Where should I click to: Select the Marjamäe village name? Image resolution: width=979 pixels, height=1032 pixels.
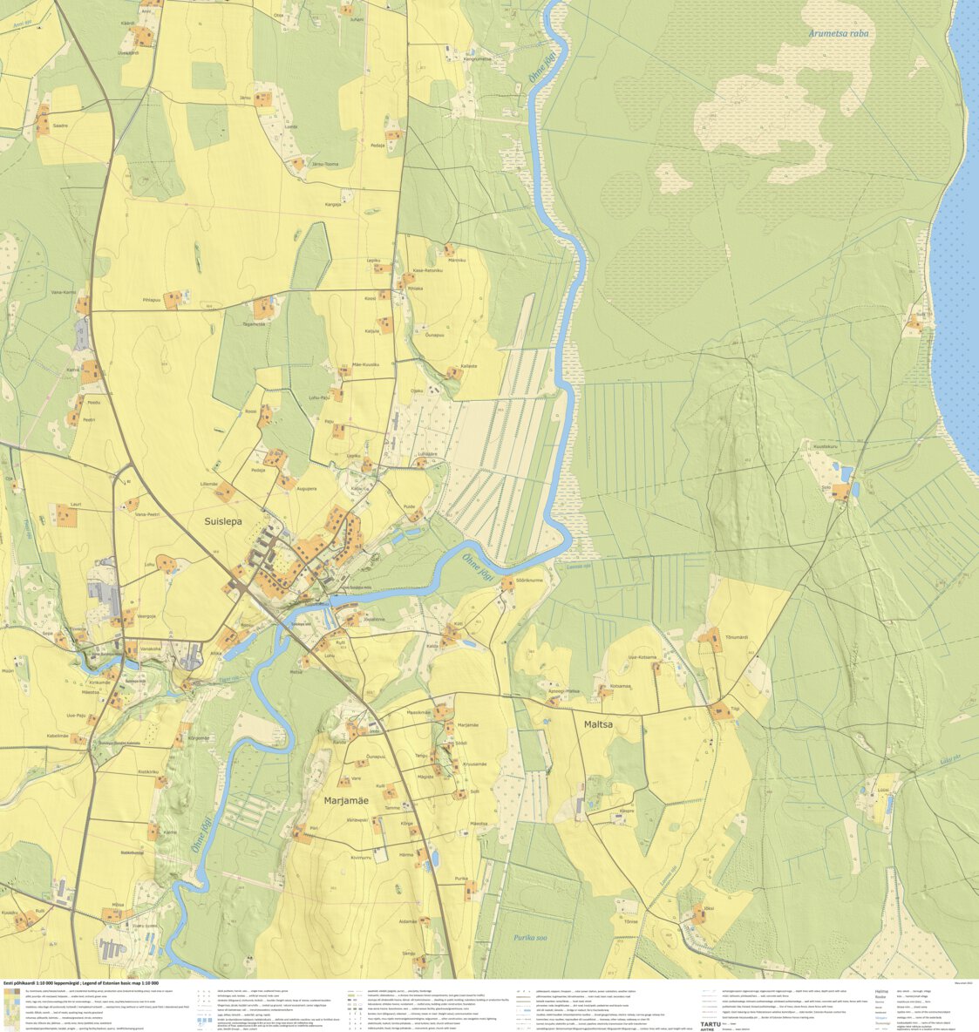tap(346, 800)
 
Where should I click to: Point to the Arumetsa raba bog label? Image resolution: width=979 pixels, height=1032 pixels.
tap(839, 34)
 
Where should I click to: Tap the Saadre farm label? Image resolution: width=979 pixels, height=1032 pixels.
tap(60, 126)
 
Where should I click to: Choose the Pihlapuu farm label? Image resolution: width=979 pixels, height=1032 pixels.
tap(152, 300)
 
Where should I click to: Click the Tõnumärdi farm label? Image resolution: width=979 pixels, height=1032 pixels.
tap(737, 637)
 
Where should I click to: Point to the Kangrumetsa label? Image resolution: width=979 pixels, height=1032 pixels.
tap(478, 59)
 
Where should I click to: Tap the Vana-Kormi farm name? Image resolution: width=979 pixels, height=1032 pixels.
tap(64, 292)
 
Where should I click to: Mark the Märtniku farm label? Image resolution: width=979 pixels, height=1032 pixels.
tap(457, 260)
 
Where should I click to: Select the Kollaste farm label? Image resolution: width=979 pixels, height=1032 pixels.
tap(469, 366)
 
